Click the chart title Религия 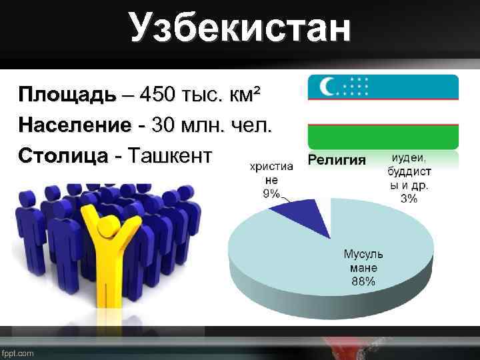337,160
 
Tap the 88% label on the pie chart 363,281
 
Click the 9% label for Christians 271,194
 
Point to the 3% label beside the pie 409,198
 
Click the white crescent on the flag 328,87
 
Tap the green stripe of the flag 383,137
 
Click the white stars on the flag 358,87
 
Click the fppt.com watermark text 18,353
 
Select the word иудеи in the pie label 409,158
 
